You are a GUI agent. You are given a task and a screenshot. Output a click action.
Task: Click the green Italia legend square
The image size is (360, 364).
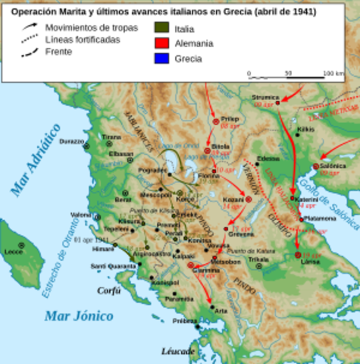coord(160,28)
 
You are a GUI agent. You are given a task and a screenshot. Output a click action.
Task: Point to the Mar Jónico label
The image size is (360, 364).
coord(78,315)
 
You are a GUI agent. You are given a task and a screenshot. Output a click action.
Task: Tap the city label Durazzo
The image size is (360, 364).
coord(71,141)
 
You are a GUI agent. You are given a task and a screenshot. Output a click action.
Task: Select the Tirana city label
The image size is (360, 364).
coord(111,137)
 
